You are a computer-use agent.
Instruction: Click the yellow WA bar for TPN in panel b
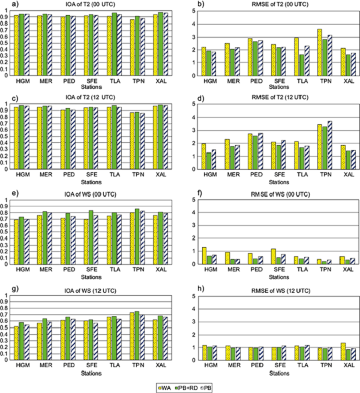320,52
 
